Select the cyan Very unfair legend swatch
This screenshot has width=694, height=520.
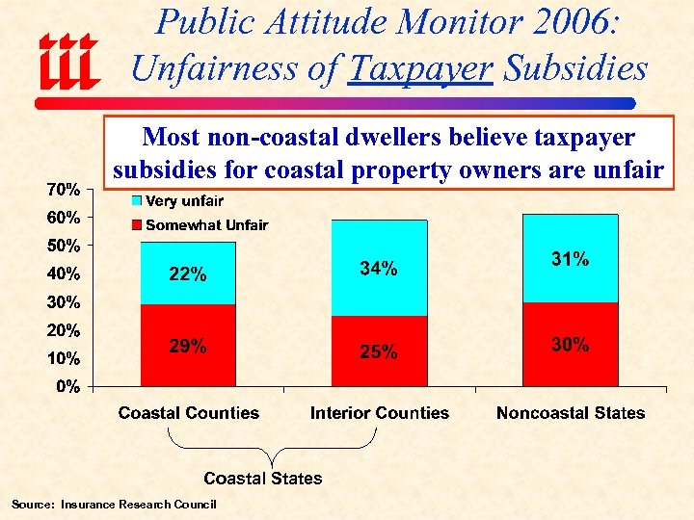coord(136,201)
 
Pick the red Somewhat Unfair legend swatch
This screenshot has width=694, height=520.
coord(136,225)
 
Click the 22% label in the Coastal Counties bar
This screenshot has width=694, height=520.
coord(187,274)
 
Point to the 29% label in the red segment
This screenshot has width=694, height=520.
coord(187,347)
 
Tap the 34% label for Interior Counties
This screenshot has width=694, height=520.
coord(378,270)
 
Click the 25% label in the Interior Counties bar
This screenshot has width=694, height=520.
coord(378,352)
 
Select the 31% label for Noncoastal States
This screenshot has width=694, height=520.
coord(570,259)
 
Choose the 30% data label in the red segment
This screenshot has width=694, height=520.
coord(570,345)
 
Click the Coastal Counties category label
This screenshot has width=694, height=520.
coord(189,413)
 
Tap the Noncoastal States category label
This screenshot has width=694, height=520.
coord(571,413)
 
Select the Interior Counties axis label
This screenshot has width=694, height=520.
coord(380,413)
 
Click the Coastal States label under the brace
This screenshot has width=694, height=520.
coord(263,478)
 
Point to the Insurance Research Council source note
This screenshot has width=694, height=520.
coord(114,505)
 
